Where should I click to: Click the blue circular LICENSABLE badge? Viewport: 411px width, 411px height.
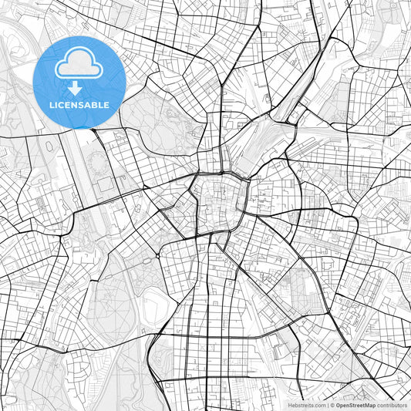click(79, 82)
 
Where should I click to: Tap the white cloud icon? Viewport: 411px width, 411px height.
click(79, 66)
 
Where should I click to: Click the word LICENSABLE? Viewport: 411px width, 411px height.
click(79, 105)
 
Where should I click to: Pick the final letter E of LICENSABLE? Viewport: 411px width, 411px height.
click(106, 105)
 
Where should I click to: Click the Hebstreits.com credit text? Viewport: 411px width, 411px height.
click(304, 404)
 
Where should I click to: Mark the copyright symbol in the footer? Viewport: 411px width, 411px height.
click(332, 404)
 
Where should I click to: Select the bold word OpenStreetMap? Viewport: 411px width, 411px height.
click(355, 404)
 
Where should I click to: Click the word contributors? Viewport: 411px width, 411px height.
click(392, 404)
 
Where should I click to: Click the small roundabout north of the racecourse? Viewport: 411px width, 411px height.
click(157, 255)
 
